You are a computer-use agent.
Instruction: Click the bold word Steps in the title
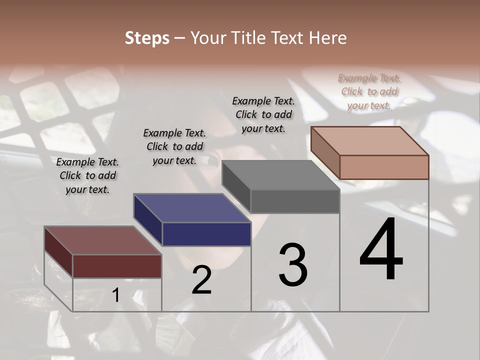coord(147,38)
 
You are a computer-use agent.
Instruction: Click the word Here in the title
coord(328,38)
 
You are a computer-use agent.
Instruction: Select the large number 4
coord(381,250)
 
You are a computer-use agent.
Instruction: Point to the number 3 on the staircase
coord(293,265)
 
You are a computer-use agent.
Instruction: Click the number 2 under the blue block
coord(201,280)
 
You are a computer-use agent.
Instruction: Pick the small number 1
coord(115,295)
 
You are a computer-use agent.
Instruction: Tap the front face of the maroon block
coord(117,266)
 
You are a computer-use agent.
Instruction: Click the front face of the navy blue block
coord(206,234)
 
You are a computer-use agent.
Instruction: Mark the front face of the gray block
coord(295,201)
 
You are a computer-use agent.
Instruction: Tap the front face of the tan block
coord(384,167)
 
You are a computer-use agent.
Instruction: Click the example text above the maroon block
coord(87,175)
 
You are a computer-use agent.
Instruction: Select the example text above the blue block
coord(174,146)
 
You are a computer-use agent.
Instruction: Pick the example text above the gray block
coord(263,114)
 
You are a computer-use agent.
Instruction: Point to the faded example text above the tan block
coord(369,91)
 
